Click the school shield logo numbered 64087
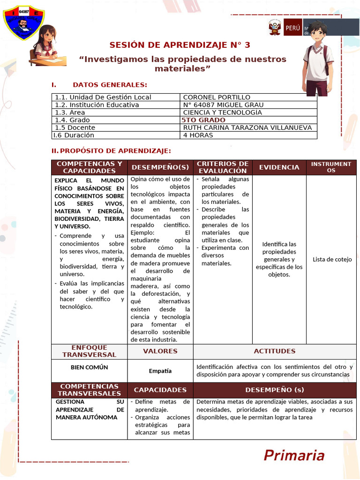pos(23,23)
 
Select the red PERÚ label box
pos(292,28)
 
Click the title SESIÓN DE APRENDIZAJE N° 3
pos(180,45)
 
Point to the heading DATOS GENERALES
pos(110,85)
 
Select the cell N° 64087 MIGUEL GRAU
pos(223,105)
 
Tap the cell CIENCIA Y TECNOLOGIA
pos(223,112)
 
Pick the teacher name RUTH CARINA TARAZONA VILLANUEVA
pos(247,127)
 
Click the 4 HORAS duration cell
pos(198,135)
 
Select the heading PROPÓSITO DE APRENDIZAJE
pos(115,150)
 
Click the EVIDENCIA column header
pos(279,167)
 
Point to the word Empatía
pos(160,371)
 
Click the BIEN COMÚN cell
pos(89,367)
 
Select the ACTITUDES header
pos(274,351)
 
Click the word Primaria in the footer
pos(294,455)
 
